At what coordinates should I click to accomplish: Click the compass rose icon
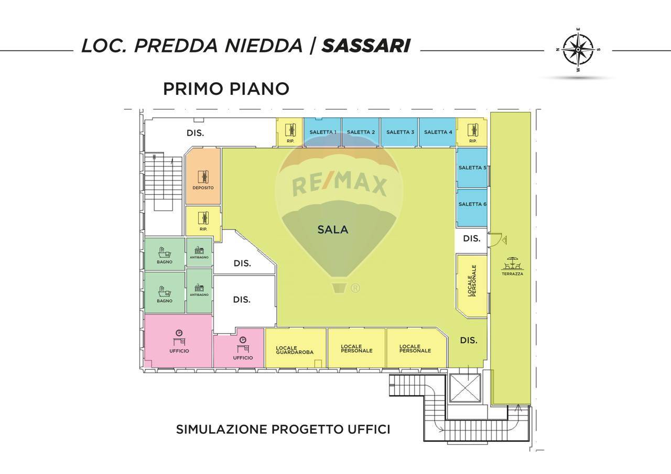click(x=578, y=50)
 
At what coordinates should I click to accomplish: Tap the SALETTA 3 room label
click(x=400, y=132)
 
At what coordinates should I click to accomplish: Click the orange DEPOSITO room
click(x=203, y=177)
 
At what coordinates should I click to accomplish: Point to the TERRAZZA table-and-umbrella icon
click(x=513, y=263)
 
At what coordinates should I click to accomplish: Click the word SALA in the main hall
click(x=333, y=229)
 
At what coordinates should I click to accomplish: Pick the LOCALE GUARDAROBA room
click(x=295, y=348)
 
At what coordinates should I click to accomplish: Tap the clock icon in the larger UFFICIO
click(x=179, y=333)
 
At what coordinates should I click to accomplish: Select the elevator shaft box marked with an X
click(x=465, y=388)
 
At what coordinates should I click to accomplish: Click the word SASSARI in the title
click(x=366, y=46)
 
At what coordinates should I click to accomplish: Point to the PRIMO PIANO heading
click(x=226, y=89)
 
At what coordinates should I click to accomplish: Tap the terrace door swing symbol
click(x=496, y=239)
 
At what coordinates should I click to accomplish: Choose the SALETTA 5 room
click(x=472, y=168)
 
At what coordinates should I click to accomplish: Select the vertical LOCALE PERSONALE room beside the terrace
click(x=472, y=285)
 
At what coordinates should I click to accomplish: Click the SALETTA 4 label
click(x=438, y=132)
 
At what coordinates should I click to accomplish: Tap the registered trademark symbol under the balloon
click(x=355, y=288)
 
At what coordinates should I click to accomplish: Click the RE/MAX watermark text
click(x=339, y=186)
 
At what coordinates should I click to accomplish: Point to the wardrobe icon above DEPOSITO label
click(x=203, y=177)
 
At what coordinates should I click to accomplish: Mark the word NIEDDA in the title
click(x=264, y=46)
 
